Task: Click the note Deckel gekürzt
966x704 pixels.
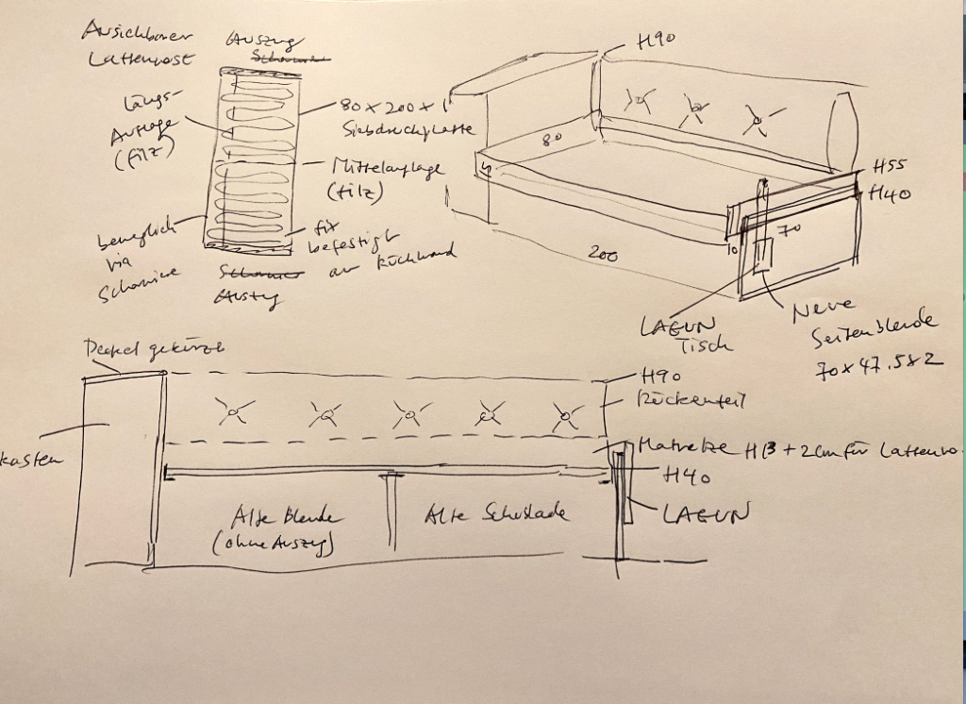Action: (153, 348)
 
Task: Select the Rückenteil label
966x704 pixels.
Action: (692, 400)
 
